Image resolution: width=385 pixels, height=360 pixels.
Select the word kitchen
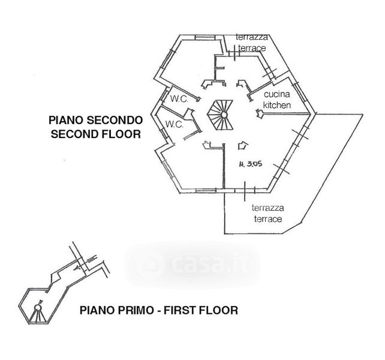click(x=277, y=106)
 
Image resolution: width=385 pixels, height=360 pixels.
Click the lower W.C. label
click(x=175, y=124)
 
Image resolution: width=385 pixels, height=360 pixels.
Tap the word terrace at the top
click(x=251, y=48)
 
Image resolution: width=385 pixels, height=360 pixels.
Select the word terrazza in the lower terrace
click(x=268, y=208)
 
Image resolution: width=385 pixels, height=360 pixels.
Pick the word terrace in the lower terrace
click(x=267, y=219)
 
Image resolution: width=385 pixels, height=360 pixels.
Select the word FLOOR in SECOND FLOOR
click(x=120, y=134)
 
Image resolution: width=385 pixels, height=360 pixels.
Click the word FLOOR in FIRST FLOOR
click(x=217, y=311)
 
